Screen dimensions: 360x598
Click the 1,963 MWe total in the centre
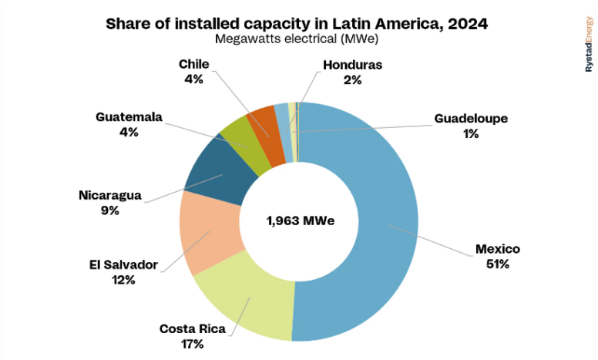tap(300, 221)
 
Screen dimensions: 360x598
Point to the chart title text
tap(297, 24)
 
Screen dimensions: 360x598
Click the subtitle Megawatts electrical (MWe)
tap(297, 39)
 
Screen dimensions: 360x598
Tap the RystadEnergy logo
tap(587, 46)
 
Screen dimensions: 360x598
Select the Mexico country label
tap(497, 249)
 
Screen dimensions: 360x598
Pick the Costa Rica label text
tap(193, 329)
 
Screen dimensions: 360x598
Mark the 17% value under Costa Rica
tap(193, 344)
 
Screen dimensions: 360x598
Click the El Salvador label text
tap(123, 265)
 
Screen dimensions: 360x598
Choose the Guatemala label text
tap(129, 117)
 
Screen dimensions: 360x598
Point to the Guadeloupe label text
tap(471, 119)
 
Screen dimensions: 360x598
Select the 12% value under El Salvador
tap(123, 280)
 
